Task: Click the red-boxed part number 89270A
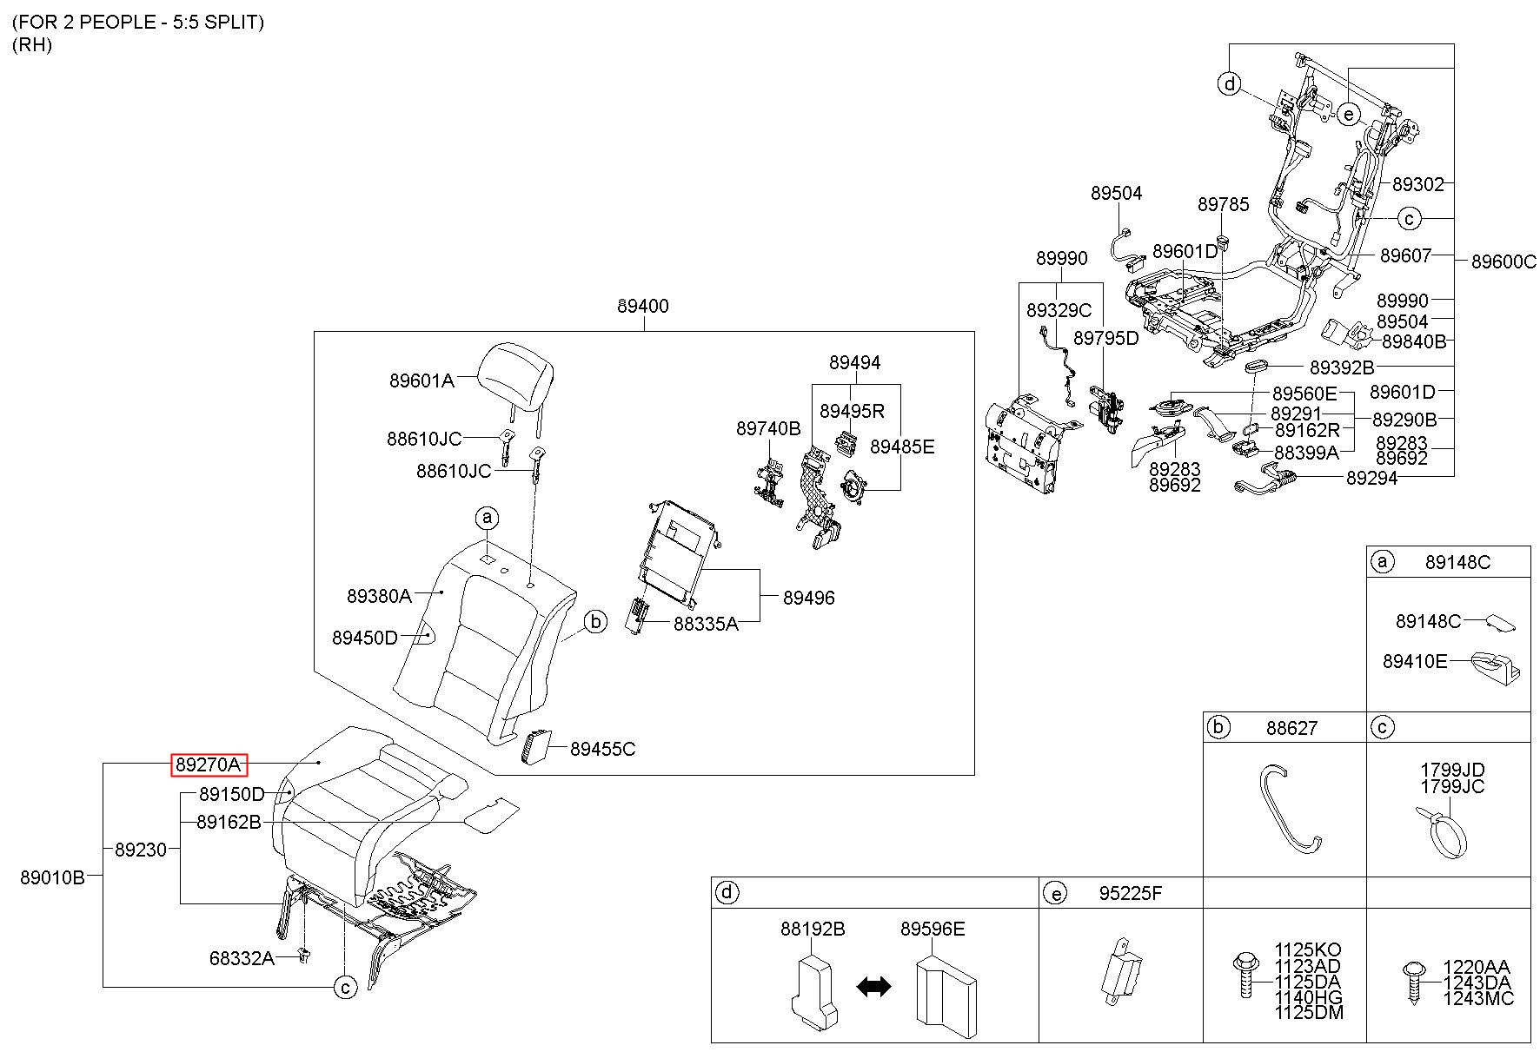pos(209,764)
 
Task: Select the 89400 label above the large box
pos(643,307)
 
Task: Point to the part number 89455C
pos(603,749)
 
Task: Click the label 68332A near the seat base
pos(242,958)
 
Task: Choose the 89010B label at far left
pos(52,877)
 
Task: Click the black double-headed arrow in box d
pos(873,986)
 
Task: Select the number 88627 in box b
pos(1291,728)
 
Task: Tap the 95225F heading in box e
pos(1130,893)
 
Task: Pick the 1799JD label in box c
pos(1452,770)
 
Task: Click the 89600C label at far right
pos(1503,261)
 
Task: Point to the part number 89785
pos(1223,204)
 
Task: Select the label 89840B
pos(1414,342)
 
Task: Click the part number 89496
pos(808,598)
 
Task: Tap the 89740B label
pos(768,428)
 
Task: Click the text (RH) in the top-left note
pos(32,46)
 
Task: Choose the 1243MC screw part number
pos(1478,998)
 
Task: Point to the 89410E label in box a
pos(1415,662)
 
